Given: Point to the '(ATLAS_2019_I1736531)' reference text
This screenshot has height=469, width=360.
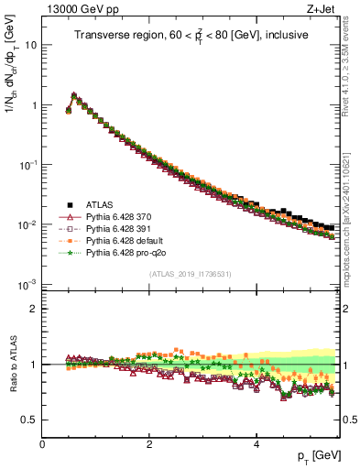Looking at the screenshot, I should click(x=191, y=274).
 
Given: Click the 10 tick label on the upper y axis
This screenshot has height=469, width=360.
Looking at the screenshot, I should click(x=30, y=45).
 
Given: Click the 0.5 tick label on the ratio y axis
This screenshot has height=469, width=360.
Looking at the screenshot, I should click(x=29, y=420).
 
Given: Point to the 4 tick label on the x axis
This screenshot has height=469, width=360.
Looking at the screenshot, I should click(x=256, y=444).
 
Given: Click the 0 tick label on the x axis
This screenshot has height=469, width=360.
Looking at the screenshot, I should click(x=42, y=444).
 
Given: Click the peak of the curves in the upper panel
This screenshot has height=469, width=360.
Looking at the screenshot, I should click(x=73, y=94).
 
